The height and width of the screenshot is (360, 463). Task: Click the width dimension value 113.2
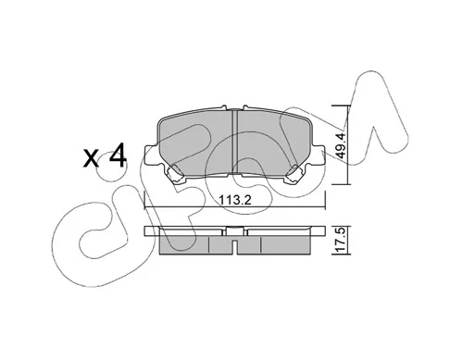click(234, 201)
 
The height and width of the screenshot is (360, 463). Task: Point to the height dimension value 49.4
click(341, 145)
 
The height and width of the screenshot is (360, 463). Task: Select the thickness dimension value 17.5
click(340, 241)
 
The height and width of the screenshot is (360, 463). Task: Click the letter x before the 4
click(92, 158)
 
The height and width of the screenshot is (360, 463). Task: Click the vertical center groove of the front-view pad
click(234, 143)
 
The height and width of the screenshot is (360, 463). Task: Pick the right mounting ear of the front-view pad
click(318, 155)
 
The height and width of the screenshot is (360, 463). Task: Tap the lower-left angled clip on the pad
click(174, 175)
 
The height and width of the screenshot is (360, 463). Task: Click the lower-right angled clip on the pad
click(295, 175)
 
